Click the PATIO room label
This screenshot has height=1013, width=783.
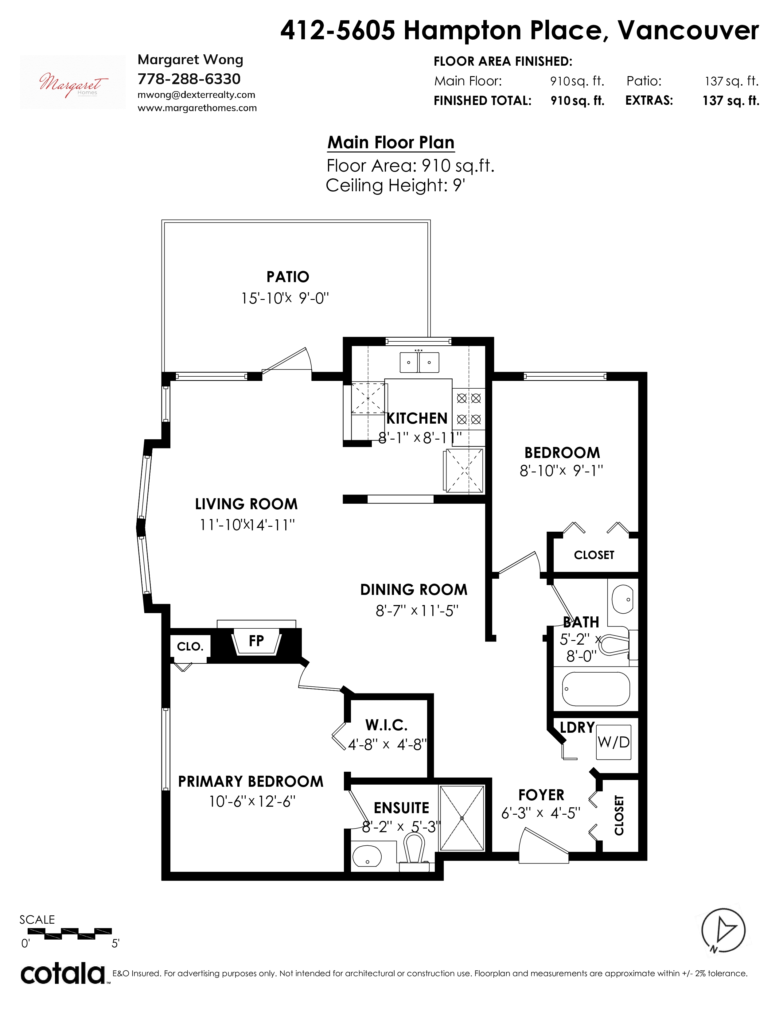point(288,277)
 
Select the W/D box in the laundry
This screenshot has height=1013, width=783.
point(613,742)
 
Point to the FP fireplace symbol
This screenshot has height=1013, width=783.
point(256,642)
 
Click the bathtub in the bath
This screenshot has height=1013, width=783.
point(596,689)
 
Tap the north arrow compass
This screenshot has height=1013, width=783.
point(723,931)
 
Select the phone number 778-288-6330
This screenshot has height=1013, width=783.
point(189,79)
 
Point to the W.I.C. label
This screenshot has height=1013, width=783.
point(386,725)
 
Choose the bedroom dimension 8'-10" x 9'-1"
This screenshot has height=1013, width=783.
point(561,471)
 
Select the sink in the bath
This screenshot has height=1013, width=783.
point(622,599)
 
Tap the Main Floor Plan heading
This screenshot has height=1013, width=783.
point(391,142)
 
